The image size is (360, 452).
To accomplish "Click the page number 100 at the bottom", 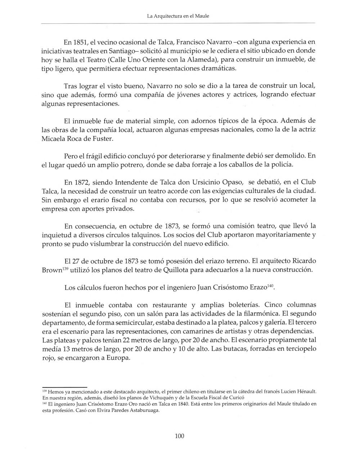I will (179, 436).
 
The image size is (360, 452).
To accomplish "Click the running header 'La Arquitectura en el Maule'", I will (179, 16).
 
